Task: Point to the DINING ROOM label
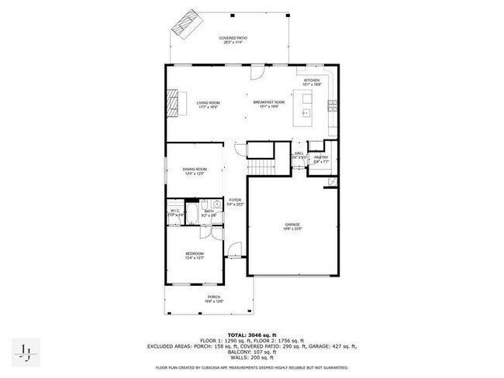tap(195, 171)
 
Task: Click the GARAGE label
tap(292, 226)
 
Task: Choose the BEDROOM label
tap(194, 256)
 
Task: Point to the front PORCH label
tap(213, 299)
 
